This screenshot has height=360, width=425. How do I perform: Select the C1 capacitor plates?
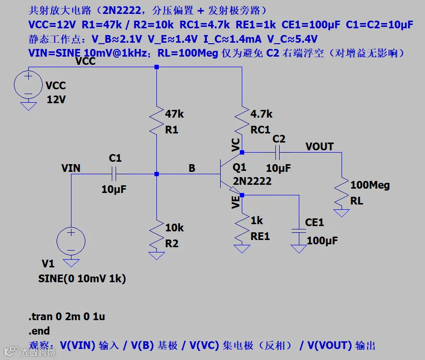coord(114,174)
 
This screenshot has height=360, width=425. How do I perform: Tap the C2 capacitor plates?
coord(277,153)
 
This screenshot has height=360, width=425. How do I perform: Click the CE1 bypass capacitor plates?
coord(299,231)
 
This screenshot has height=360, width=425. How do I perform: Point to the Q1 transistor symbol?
coord(230,174)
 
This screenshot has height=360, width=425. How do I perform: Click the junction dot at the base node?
coord(157,174)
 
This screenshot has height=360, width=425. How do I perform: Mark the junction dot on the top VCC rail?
coord(157,67)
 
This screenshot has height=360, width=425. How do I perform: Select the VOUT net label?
coord(319,146)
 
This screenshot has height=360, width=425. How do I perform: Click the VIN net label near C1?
coord(71,168)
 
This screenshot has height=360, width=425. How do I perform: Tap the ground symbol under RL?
coord(342,213)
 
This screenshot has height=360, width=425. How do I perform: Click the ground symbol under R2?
coord(157,256)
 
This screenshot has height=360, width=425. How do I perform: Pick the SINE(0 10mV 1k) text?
coord(82,278)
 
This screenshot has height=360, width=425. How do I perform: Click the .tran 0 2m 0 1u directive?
coord(67,317)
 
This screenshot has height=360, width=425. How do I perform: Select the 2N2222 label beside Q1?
coord(252,181)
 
